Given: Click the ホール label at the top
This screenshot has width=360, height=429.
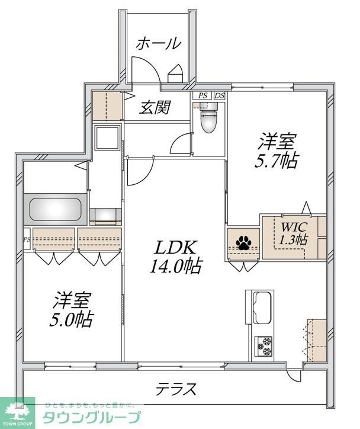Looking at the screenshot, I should point(158,43).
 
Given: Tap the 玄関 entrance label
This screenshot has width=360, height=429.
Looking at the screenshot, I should point(156,107).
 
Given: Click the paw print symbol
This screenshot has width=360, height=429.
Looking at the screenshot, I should point(243,242).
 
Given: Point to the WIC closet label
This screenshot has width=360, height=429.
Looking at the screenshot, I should point(292,226).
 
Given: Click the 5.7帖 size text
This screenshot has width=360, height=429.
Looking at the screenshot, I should point(277,161).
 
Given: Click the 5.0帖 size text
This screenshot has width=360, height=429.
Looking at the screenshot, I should point(71,320).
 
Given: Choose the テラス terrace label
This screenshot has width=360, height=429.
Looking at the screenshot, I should point(175,389).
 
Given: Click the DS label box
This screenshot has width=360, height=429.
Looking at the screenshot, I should point(219,95).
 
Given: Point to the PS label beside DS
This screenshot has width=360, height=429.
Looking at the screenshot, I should point(203,95).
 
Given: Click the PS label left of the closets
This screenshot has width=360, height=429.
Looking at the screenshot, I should point(27,239).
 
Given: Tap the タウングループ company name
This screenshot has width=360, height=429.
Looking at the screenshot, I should point(91,417).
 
